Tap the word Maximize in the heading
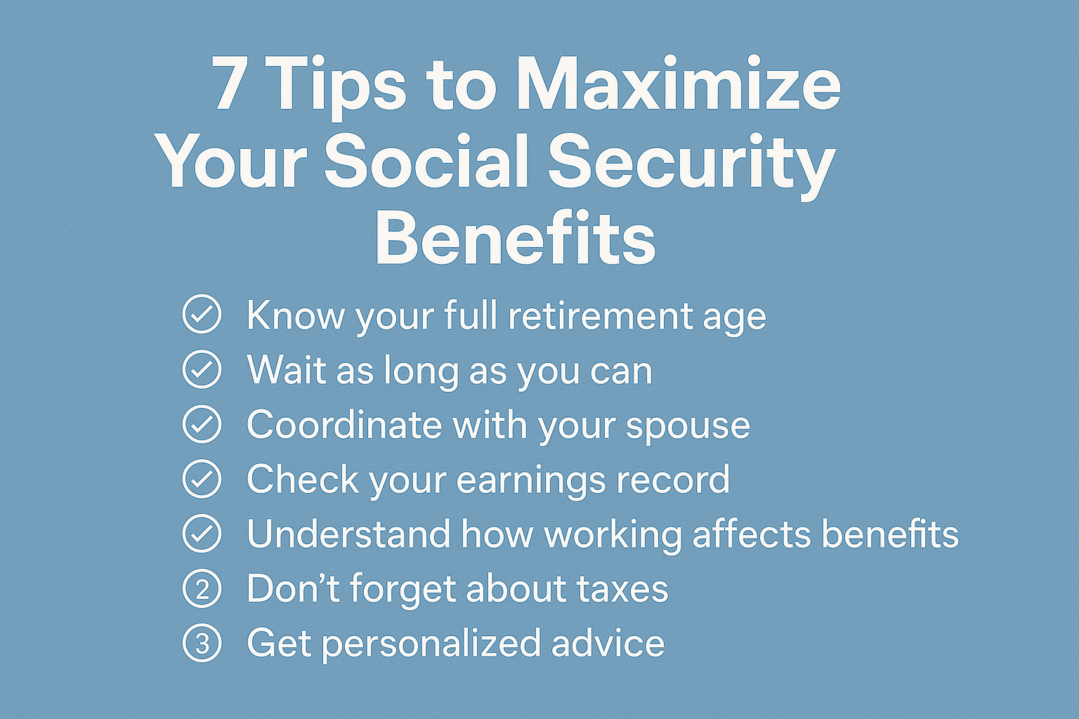tap(678, 84)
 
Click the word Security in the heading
tap(691, 163)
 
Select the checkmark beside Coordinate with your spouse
tap(202, 424)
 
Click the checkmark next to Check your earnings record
tap(202, 479)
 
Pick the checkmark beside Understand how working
tap(202, 534)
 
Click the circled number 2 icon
tap(202, 588)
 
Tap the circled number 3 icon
tap(202, 643)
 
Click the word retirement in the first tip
tap(601, 315)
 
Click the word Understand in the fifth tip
tap(348, 534)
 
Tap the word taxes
tap(622, 588)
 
